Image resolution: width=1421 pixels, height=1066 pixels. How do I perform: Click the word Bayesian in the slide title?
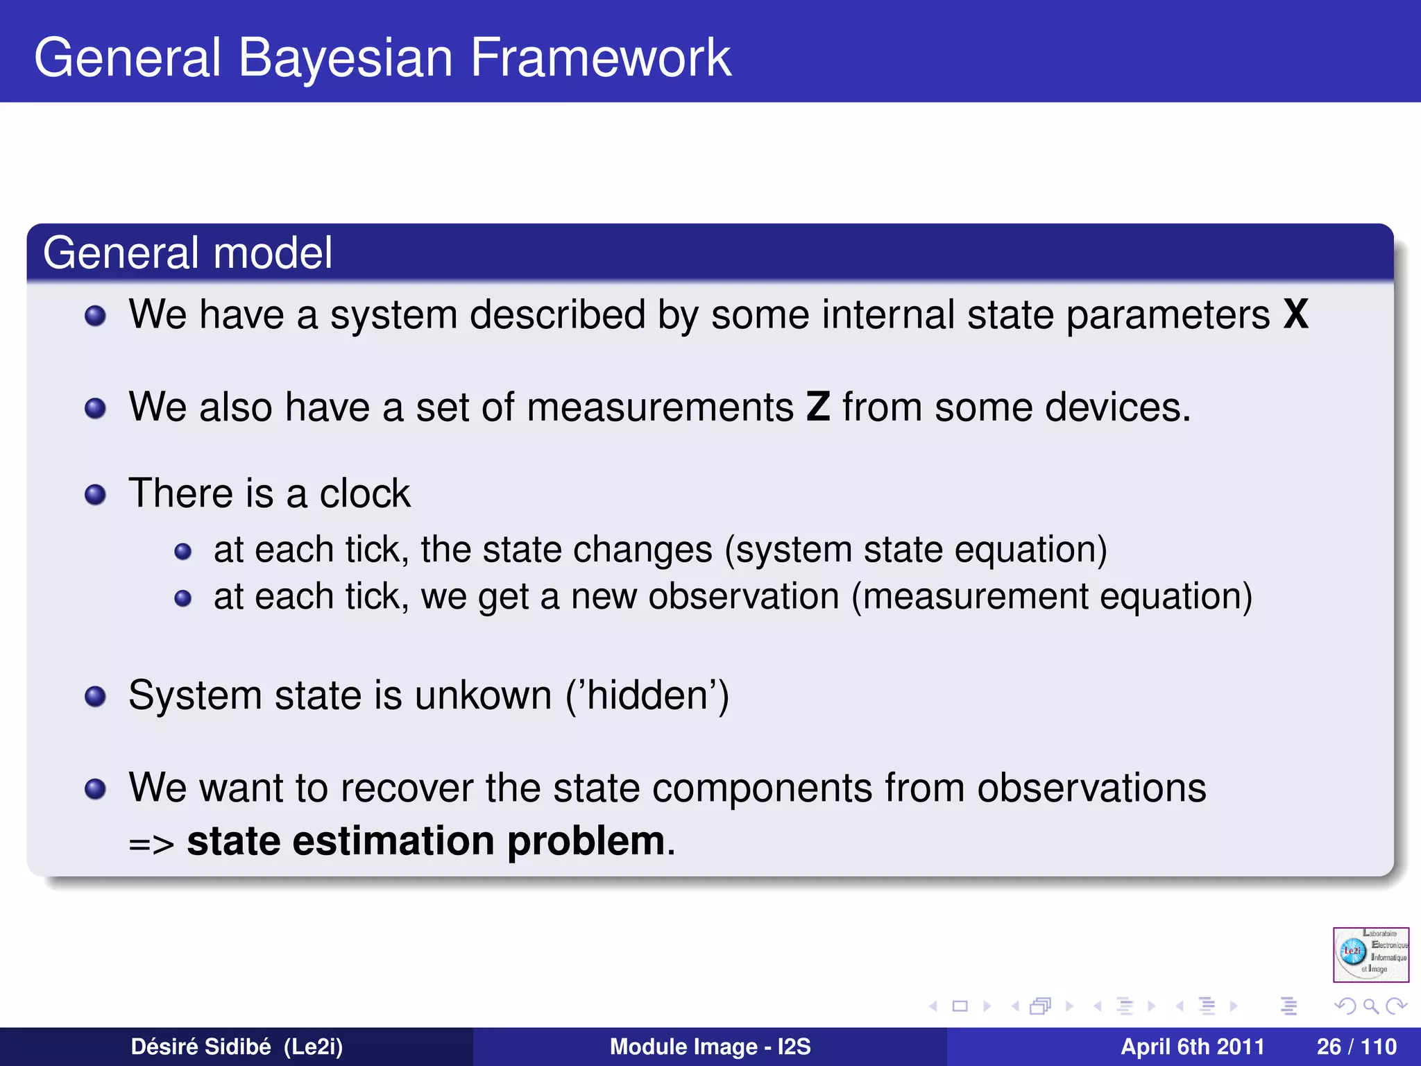click(x=345, y=58)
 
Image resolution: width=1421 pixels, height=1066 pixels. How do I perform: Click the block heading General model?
click(x=187, y=253)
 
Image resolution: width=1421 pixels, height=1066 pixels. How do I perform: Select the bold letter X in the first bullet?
click(x=1295, y=314)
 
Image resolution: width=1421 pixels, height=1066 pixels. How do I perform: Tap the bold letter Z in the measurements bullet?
click(x=818, y=407)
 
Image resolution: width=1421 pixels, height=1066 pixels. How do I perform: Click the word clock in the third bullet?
click(x=365, y=493)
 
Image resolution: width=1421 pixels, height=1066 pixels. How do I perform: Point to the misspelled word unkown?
click(x=483, y=695)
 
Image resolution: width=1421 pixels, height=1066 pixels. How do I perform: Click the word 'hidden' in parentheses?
click(x=647, y=695)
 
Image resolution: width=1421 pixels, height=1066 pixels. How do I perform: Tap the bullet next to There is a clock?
click(x=95, y=495)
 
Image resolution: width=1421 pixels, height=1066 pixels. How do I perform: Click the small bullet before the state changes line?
click(x=182, y=552)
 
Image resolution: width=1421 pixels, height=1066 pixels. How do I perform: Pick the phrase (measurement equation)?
click(x=1052, y=597)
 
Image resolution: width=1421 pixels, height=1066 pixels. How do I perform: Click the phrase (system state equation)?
click(x=916, y=550)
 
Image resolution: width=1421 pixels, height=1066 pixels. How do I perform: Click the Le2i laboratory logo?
click(x=1370, y=954)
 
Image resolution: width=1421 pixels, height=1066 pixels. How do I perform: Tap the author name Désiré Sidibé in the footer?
click(x=201, y=1047)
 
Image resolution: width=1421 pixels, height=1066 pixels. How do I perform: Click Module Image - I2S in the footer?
click(x=710, y=1047)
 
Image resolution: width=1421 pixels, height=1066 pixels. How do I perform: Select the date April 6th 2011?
click(x=1192, y=1047)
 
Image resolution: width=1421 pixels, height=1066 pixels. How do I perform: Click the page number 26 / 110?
click(x=1356, y=1047)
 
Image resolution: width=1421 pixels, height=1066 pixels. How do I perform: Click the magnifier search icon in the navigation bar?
click(x=1370, y=1006)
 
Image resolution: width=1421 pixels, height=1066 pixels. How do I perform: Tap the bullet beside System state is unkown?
click(x=95, y=696)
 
